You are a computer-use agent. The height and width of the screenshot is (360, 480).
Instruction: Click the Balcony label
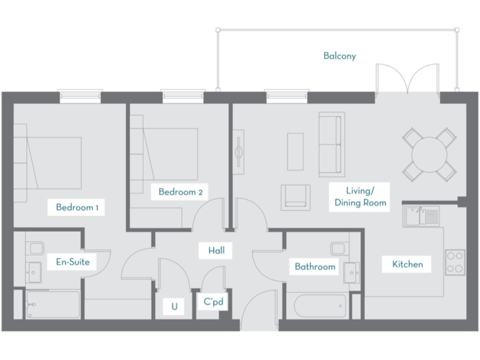click(339, 56)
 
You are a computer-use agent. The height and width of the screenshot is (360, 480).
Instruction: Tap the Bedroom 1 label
click(77, 207)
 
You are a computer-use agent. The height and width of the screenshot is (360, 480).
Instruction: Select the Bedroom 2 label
click(179, 192)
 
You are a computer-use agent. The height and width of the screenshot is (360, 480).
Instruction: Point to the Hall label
click(216, 251)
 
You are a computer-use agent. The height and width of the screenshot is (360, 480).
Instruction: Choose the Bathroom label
click(315, 267)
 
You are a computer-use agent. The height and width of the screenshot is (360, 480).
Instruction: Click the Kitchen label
click(407, 264)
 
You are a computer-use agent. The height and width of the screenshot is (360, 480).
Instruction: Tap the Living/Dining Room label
click(360, 196)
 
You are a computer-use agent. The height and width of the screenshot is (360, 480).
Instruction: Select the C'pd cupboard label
click(212, 301)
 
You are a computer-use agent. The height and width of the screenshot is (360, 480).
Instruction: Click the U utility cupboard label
click(174, 306)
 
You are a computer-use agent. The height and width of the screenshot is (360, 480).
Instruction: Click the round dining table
click(429, 153)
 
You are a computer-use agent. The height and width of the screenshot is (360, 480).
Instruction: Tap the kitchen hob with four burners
click(454, 262)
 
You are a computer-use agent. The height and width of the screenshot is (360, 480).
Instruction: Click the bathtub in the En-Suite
click(53, 304)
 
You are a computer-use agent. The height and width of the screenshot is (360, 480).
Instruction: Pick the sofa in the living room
click(331, 144)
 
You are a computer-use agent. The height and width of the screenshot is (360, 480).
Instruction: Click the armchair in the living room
click(295, 196)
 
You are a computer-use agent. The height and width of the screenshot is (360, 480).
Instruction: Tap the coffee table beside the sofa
click(295, 151)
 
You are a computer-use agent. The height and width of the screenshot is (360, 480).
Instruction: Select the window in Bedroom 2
click(183, 96)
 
